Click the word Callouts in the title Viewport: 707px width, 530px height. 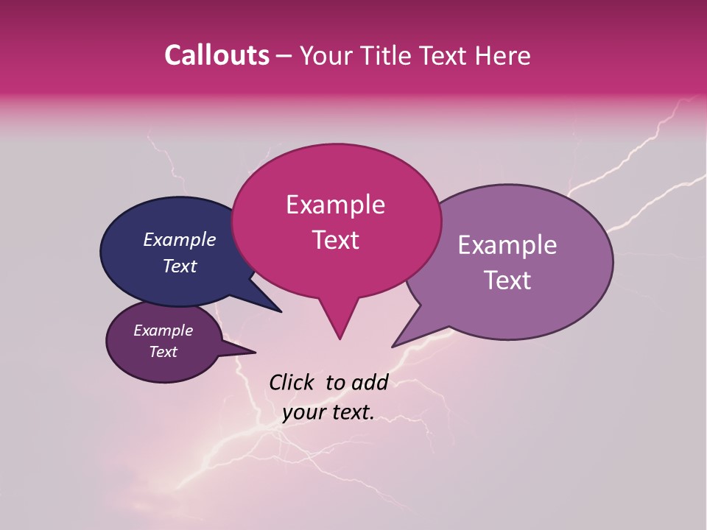tap(217, 55)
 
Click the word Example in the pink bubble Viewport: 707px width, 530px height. tap(335, 205)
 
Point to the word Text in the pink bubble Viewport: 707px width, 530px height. tap(335, 240)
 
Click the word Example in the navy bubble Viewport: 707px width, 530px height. tap(179, 239)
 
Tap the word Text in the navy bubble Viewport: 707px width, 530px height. tap(179, 266)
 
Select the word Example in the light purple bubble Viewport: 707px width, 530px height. tap(507, 245)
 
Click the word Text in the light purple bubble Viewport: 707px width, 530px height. tap(508, 280)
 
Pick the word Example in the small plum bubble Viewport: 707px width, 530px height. tap(163, 331)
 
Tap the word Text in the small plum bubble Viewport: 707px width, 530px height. tap(163, 352)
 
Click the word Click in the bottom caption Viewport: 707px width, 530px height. tap(292, 382)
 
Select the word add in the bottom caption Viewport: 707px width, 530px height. tap(370, 382)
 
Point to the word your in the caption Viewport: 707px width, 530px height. tap(303, 413)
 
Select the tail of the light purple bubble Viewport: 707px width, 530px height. tap(409, 336)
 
